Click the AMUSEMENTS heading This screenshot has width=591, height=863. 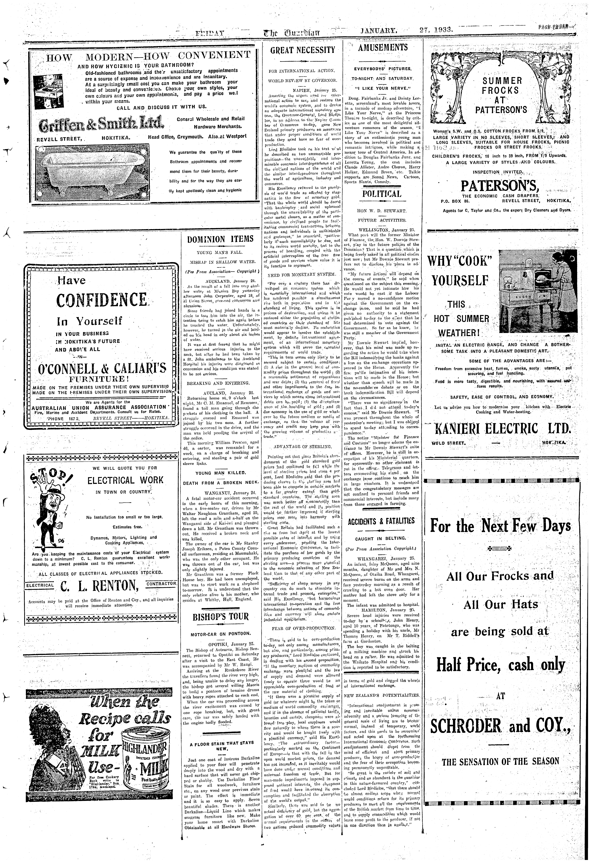pos(383,48)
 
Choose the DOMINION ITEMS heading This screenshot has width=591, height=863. pos(220,239)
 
